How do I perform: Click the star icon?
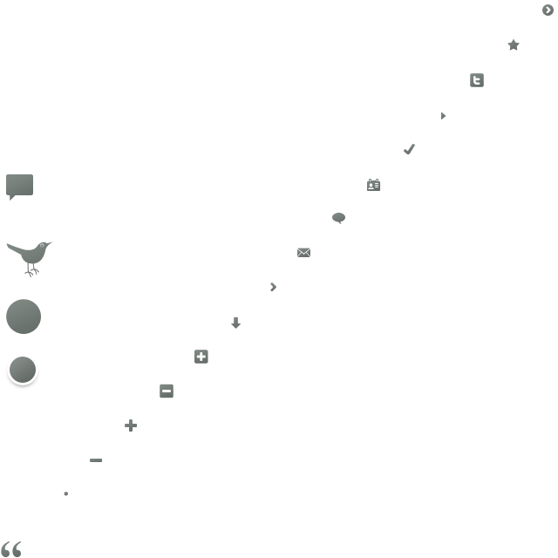pos(514,44)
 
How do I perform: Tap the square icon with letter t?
pos(477,80)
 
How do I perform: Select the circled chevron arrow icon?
pos(548,10)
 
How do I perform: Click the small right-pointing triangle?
pos(443,115)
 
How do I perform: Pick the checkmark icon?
pos(409,149)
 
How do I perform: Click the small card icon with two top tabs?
pos(374,185)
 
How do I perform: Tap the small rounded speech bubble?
pos(338,218)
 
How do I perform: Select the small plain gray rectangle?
pos(303,252)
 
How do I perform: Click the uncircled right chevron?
pos(273,287)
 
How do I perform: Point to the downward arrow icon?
pos(235,323)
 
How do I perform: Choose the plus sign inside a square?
pos(201,357)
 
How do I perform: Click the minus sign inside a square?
pos(167,391)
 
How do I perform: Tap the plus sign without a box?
pos(131,425)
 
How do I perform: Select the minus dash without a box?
pos(96,460)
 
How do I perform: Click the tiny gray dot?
pos(65,493)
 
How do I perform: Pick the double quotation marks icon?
pos(10,549)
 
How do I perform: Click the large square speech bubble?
pos(19,185)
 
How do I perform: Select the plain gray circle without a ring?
pos(24,316)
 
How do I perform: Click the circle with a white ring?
pos(23,370)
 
